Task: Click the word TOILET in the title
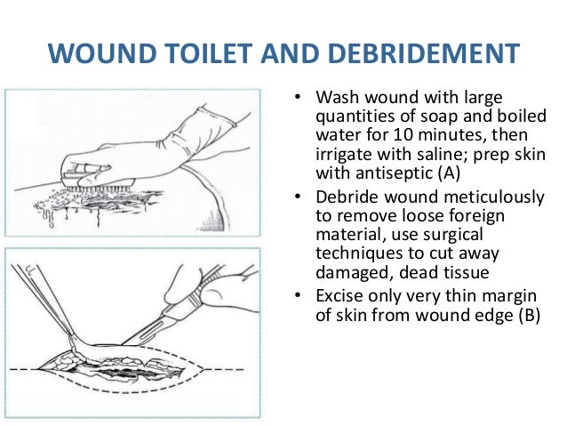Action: [210, 53]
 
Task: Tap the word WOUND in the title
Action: [102, 53]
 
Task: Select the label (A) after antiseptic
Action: [449, 173]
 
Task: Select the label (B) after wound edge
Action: [530, 315]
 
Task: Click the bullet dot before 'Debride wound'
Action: [298, 197]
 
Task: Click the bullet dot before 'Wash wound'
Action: [298, 97]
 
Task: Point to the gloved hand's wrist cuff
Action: [217, 116]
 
